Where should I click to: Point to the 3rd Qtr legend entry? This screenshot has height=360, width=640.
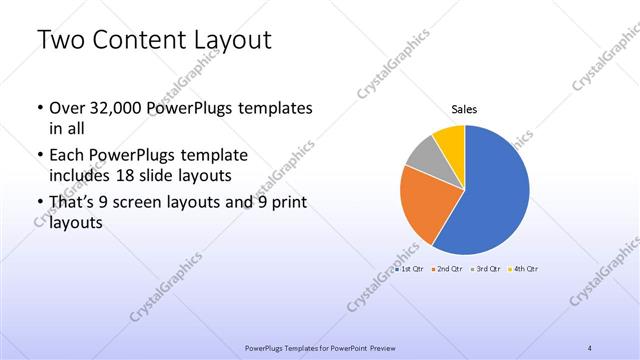(x=486, y=269)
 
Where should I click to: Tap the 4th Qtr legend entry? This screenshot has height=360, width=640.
(x=525, y=269)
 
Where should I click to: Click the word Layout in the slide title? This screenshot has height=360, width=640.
(x=228, y=41)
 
